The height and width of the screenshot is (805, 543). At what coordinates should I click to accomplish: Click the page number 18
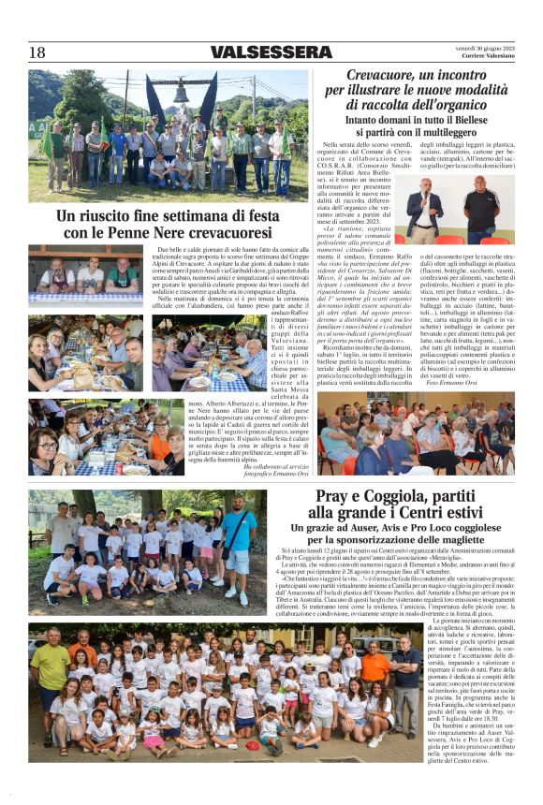point(37,52)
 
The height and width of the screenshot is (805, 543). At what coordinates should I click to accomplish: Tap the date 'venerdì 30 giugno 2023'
point(484,48)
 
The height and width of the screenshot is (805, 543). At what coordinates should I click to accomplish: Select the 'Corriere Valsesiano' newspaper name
point(489,57)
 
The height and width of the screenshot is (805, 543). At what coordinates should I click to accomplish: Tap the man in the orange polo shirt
point(374,667)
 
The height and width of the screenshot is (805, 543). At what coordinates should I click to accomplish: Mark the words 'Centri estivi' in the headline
point(409,514)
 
